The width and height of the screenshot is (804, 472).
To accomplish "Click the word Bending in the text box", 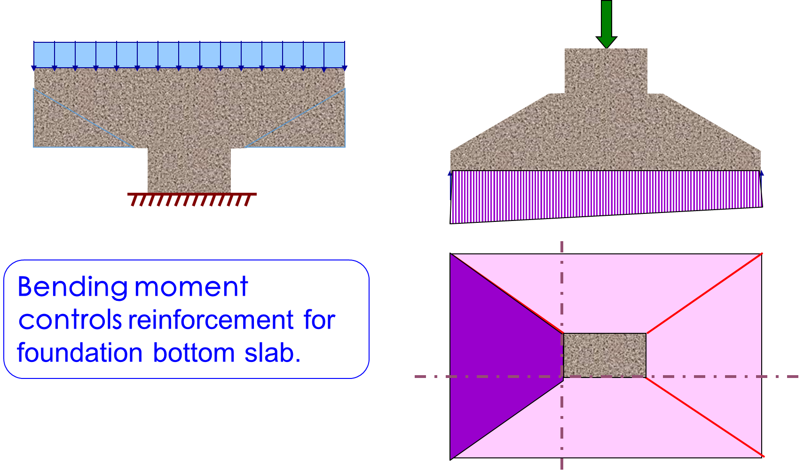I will pos(72,287).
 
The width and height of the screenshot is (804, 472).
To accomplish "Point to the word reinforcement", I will pos(211,320).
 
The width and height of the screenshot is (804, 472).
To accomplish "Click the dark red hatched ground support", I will pos(191,199).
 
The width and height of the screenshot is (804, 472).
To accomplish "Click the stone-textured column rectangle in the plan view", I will pos(605,355).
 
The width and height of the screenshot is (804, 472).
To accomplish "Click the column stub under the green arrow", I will pos(606,71).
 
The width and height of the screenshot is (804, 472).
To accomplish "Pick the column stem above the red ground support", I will pos(189,170).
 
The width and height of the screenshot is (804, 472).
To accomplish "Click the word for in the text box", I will pos(319,320).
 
